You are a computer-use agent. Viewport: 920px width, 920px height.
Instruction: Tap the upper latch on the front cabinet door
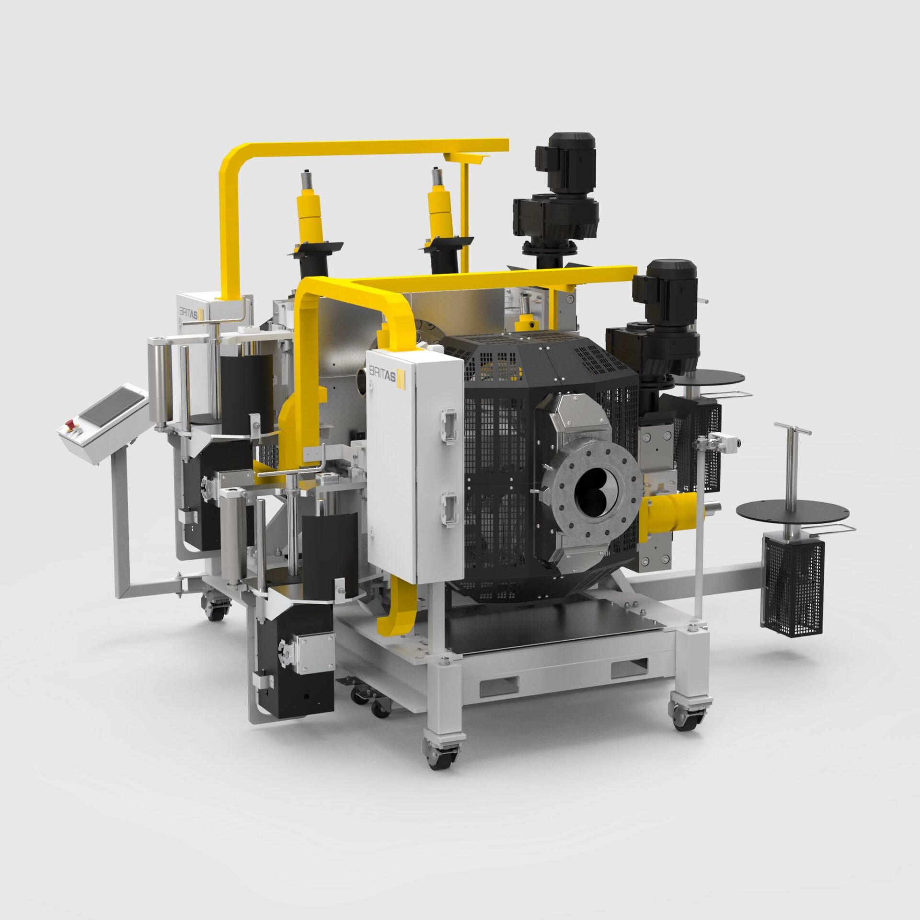pos(448,423)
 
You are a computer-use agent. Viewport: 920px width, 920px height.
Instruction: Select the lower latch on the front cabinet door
pos(448,511)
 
